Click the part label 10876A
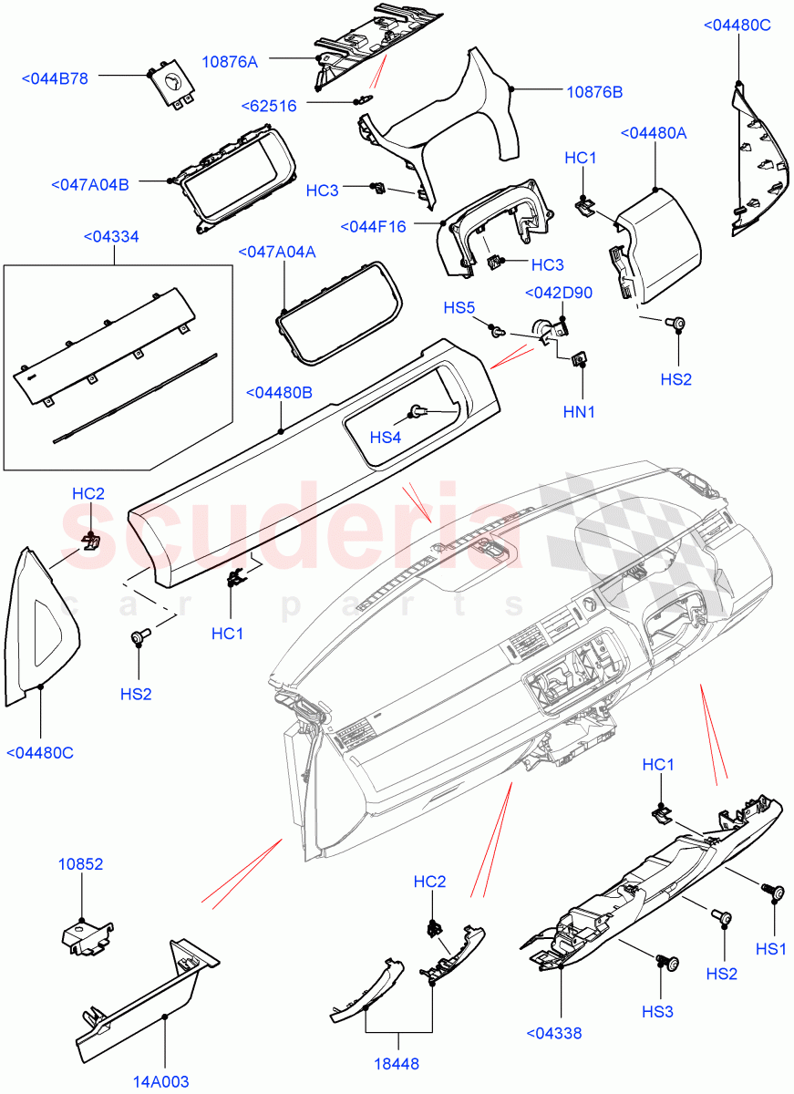(x=229, y=62)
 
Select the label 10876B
(x=594, y=92)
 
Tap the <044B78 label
(x=55, y=79)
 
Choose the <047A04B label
(x=90, y=185)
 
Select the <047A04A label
(x=276, y=252)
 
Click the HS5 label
(x=459, y=307)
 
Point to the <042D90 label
(x=558, y=293)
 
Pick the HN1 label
(x=579, y=412)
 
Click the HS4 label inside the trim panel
(x=386, y=438)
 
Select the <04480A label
(x=654, y=133)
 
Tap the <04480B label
(x=279, y=393)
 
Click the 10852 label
(x=81, y=862)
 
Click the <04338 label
(x=554, y=1033)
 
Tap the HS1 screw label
(x=770, y=948)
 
